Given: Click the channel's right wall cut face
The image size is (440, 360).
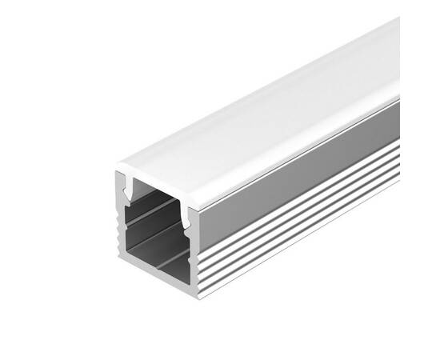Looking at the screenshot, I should pos(193,256).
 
